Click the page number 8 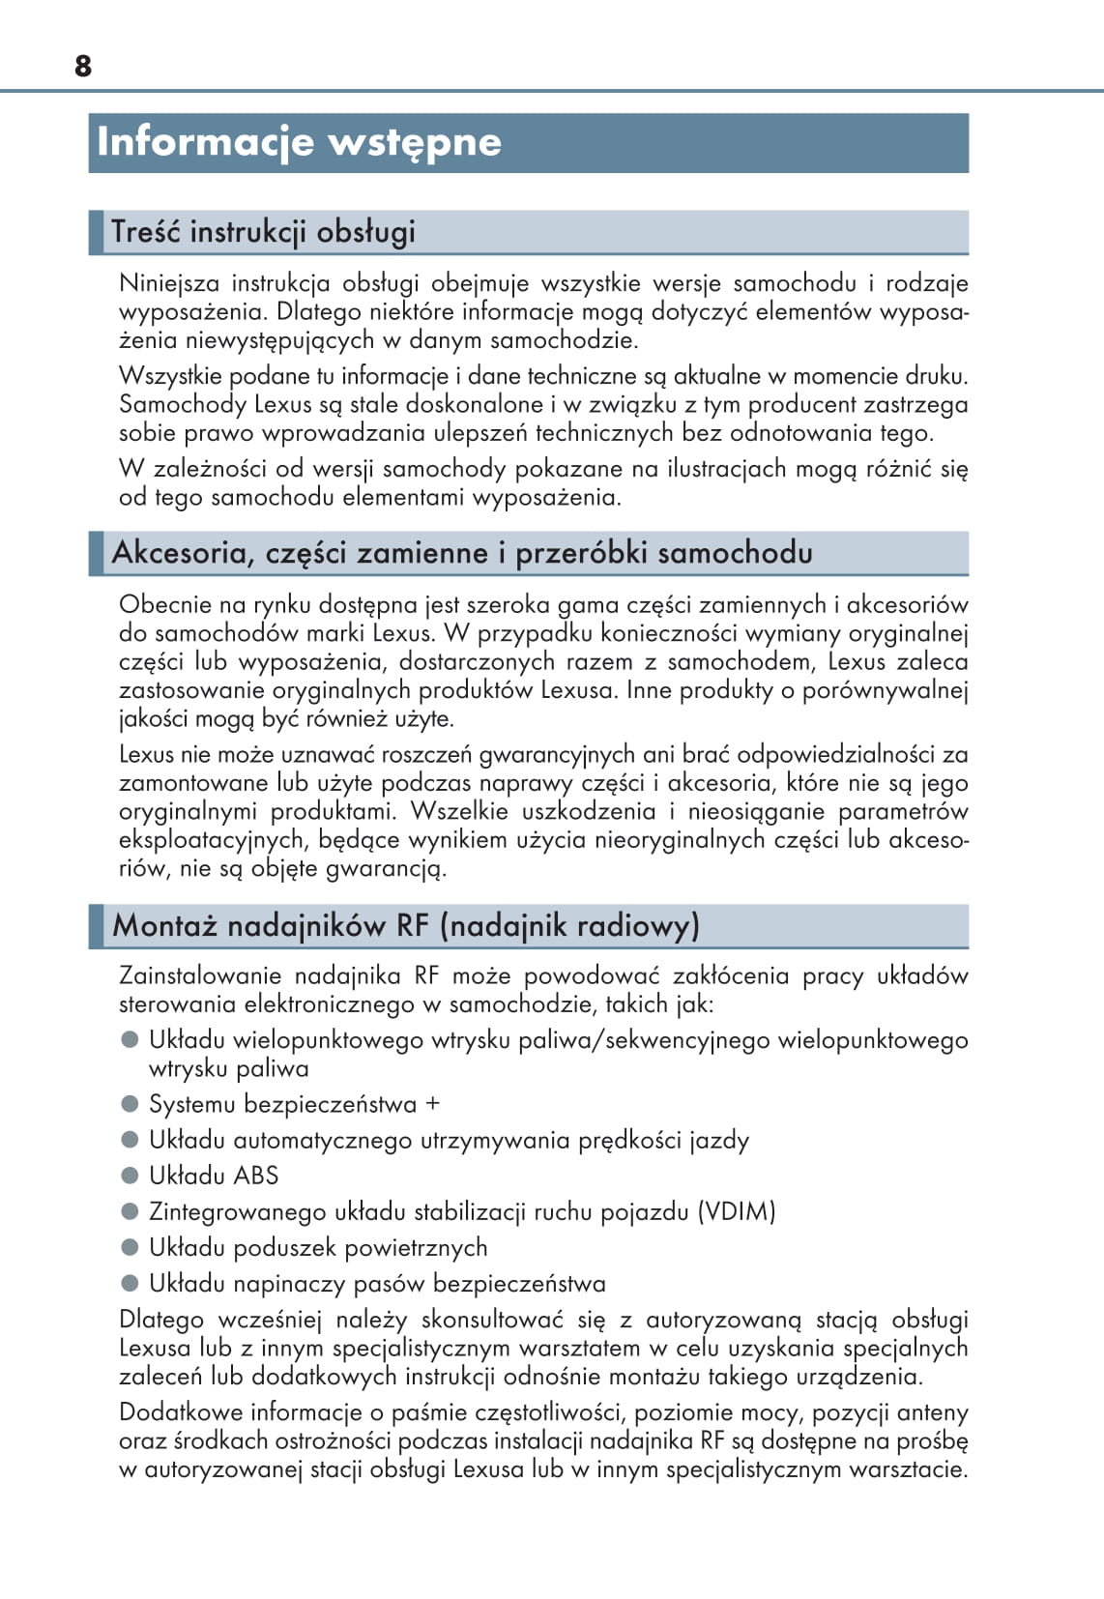83,66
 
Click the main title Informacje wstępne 299,142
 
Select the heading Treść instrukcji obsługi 263,232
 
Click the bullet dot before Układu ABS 131,1176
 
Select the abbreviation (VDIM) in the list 737,1211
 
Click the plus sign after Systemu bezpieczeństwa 432,1104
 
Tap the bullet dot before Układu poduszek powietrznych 131,1247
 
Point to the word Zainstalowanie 200,975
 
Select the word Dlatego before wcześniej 161,1320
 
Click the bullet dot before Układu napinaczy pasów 131,1284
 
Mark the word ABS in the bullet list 256,1176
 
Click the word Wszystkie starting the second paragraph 170,376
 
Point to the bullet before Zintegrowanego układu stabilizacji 131,1211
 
